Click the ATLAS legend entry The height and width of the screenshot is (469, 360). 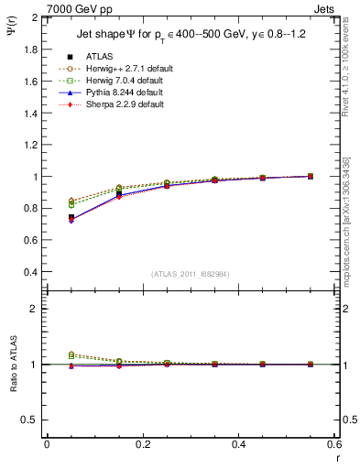tap(98, 57)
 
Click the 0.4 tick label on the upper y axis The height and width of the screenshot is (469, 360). tap(31, 272)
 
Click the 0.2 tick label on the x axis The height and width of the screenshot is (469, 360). tap(142, 444)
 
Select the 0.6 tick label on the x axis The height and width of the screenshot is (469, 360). tap(334, 444)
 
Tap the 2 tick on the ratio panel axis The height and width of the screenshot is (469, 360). tap(35, 309)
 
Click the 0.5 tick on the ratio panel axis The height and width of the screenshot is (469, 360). tap(31, 420)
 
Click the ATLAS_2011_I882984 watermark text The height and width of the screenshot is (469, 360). tap(191, 273)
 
